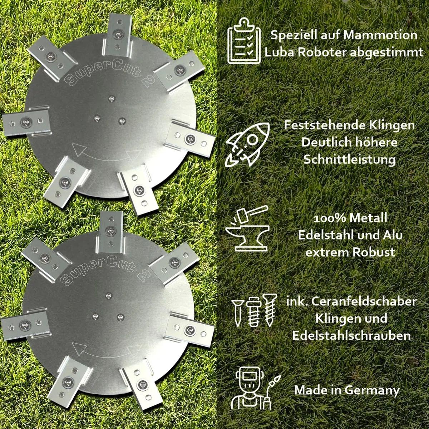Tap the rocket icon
point(247,144)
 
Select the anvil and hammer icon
point(247,229)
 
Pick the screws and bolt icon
point(254,310)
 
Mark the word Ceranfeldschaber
point(364,302)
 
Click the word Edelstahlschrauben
point(351,336)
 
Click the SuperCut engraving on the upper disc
point(109,72)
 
